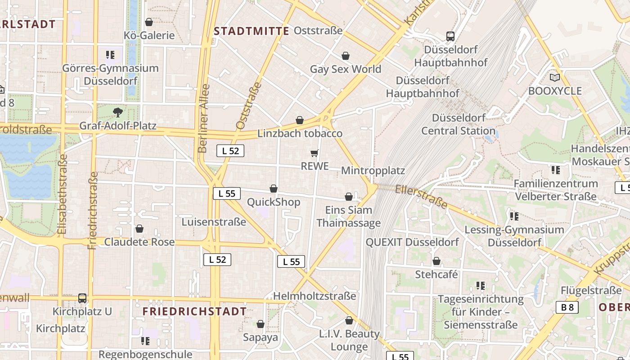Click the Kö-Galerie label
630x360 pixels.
coord(149,35)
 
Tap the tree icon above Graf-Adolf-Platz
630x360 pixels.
coord(118,112)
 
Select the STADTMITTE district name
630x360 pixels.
coord(252,31)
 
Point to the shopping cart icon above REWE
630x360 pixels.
coord(315,153)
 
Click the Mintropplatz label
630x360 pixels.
coord(373,171)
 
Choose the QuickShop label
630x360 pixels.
coord(274,202)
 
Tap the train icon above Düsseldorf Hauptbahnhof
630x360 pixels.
coord(450,36)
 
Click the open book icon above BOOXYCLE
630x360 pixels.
coord(555,78)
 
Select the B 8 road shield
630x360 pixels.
coord(567,307)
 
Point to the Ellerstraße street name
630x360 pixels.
coord(422,197)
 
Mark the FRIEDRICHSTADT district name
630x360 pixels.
coord(194,311)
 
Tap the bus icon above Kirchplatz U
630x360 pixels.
coord(82,298)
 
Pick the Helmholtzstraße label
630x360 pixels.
coord(315,296)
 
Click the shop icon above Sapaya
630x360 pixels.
coord(261,324)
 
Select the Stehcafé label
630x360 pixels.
coord(436,274)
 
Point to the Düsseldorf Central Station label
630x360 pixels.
coord(458,124)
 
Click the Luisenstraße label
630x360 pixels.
coord(214,222)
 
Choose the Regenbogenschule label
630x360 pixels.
coord(145,355)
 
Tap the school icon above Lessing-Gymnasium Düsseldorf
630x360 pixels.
coord(514,216)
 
